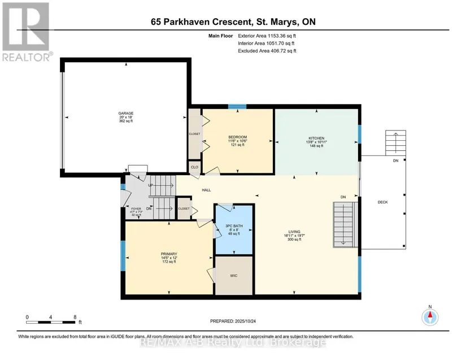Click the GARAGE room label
click(x=126, y=113)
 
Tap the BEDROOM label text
click(x=237, y=137)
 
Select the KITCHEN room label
click(x=316, y=138)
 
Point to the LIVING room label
click(x=294, y=232)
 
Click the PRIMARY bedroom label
click(x=169, y=254)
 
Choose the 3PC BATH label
click(x=234, y=226)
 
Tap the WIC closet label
click(x=234, y=276)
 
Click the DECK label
click(x=383, y=202)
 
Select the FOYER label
click(x=136, y=209)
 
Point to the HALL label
click(x=206, y=190)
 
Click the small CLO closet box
click(x=195, y=167)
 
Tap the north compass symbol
click(x=430, y=317)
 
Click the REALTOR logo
click(x=26, y=32)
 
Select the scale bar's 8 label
click(x=75, y=317)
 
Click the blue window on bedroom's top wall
click(x=237, y=107)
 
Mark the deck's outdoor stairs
click(x=395, y=143)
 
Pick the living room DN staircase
click(x=345, y=225)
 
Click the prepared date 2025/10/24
click(x=245, y=321)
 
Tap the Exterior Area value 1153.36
click(x=276, y=36)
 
